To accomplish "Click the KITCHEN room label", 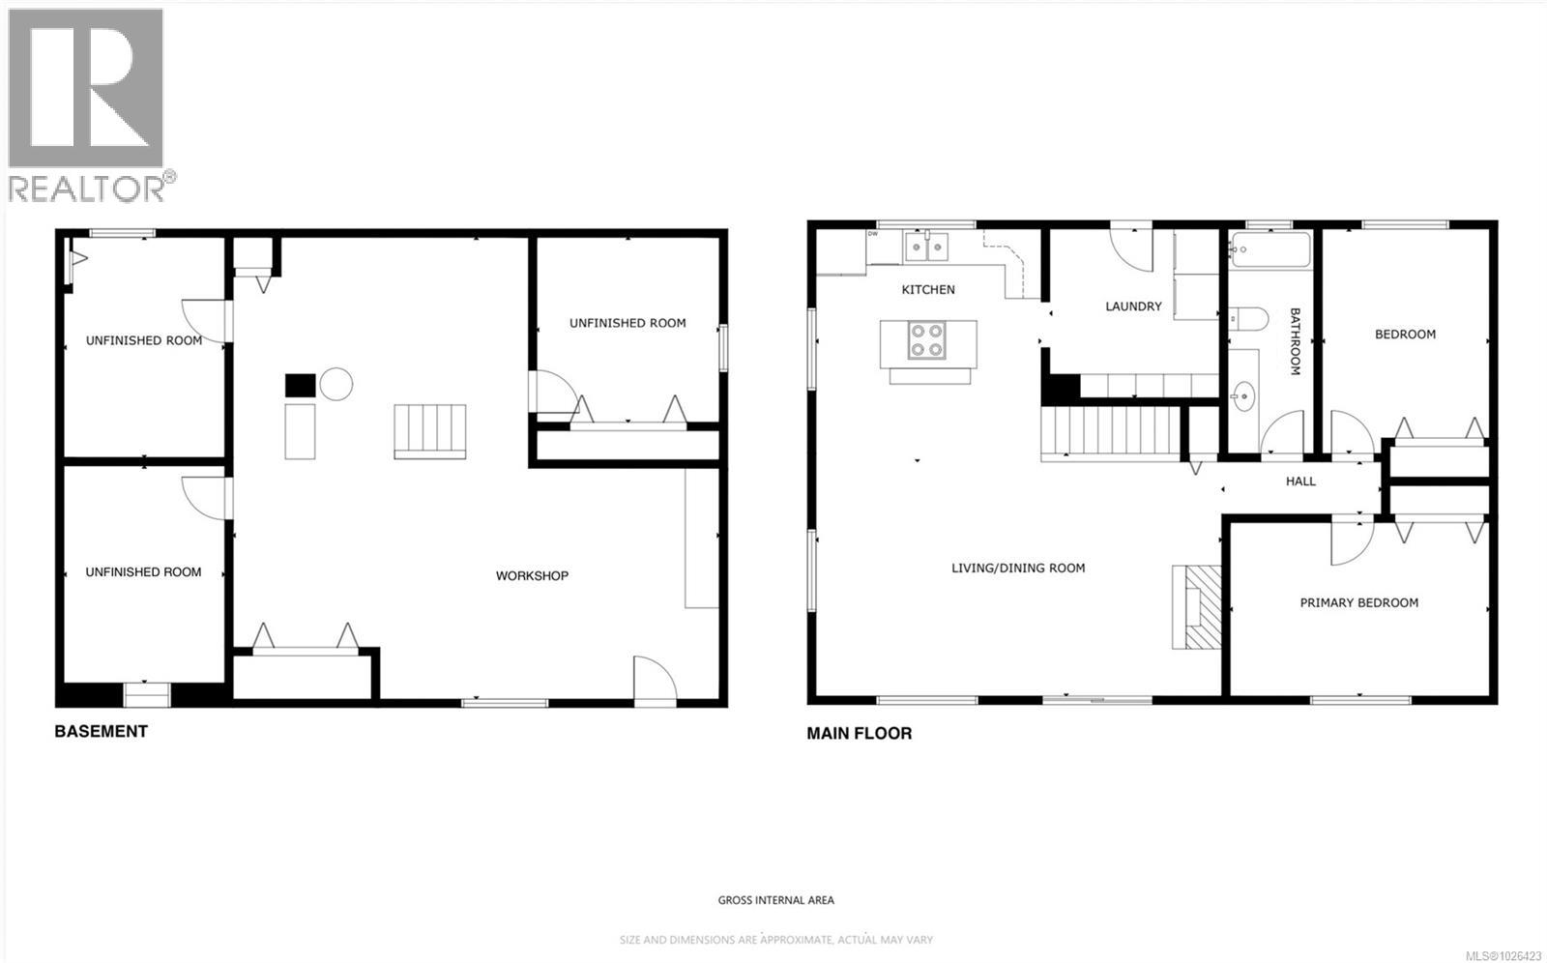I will (928, 289).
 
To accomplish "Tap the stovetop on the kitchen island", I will (927, 340).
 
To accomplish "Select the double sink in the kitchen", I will (927, 248).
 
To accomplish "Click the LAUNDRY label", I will (1133, 306).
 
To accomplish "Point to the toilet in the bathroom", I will (1248, 318).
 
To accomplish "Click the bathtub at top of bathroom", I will (1270, 249).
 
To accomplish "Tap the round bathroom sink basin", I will (1243, 394).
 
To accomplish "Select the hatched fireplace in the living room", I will (1200, 606).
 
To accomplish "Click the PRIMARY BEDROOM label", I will (1358, 602).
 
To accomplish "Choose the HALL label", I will (1300, 481).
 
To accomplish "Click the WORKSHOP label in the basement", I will (532, 575).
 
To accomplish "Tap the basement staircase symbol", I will (430, 430).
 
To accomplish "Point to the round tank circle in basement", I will (336, 384).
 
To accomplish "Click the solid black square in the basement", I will (300, 385).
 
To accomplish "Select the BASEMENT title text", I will (101, 731).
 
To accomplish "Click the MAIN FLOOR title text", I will (859, 733).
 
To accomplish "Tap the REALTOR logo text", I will (87, 189).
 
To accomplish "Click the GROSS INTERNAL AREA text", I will (775, 900).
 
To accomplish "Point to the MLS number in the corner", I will (1503, 954).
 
